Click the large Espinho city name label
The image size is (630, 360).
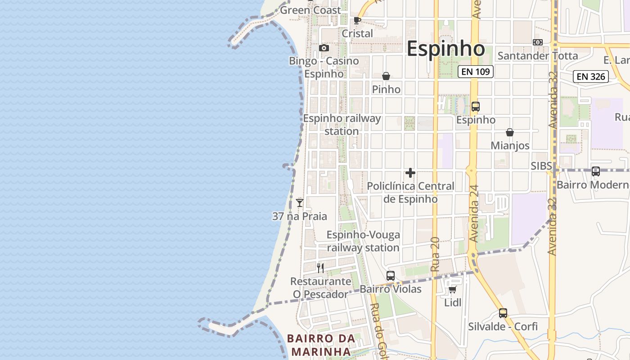(445, 49)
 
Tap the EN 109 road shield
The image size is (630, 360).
(476, 72)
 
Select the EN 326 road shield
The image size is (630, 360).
(590, 76)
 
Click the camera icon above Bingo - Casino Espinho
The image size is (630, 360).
(324, 48)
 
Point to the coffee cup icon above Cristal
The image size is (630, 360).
(357, 21)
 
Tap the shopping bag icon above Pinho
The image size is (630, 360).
(386, 76)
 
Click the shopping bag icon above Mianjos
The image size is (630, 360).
(510, 132)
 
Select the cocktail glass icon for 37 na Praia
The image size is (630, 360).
(300, 203)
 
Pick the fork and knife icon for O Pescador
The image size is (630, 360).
(320, 268)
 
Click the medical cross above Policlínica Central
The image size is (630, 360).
(410, 173)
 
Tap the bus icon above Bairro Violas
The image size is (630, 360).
(391, 276)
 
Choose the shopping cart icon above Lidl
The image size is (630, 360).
(453, 290)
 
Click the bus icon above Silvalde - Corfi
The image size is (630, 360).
(503, 313)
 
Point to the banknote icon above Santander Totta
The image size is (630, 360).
(537, 42)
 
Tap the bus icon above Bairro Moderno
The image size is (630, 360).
(596, 171)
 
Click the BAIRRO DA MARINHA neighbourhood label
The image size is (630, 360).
(319, 345)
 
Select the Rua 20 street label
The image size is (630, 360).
(435, 254)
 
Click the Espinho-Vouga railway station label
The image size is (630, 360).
(363, 241)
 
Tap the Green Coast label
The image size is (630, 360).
(310, 10)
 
